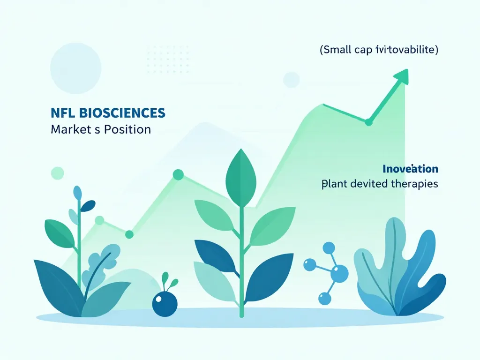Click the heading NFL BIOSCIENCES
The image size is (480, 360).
point(107,113)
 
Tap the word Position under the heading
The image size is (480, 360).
point(127,129)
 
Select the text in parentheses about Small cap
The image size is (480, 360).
point(379,50)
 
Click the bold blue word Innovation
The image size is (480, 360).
point(410,169)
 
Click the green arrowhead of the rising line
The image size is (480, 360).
point(401,76)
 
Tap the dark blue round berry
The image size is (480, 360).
point(165,303)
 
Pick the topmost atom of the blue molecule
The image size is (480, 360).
point(329,248)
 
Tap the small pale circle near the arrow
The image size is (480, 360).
point(291,80)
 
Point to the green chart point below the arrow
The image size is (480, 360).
point(368,122)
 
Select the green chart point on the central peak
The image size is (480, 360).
point(178,175)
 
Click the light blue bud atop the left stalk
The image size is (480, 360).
point(77,192)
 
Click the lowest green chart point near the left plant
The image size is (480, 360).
point(129,234)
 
